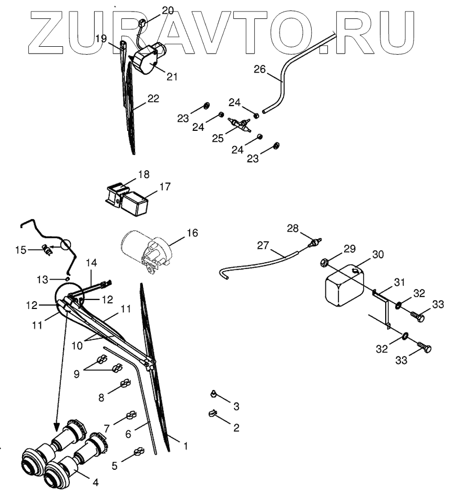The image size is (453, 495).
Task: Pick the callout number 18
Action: tap(143, 174)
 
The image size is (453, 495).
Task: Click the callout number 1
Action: tap(184, 446)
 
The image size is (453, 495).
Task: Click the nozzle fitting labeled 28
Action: tap(315, 242)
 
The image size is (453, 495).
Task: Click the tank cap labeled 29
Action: tap(324, 261)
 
